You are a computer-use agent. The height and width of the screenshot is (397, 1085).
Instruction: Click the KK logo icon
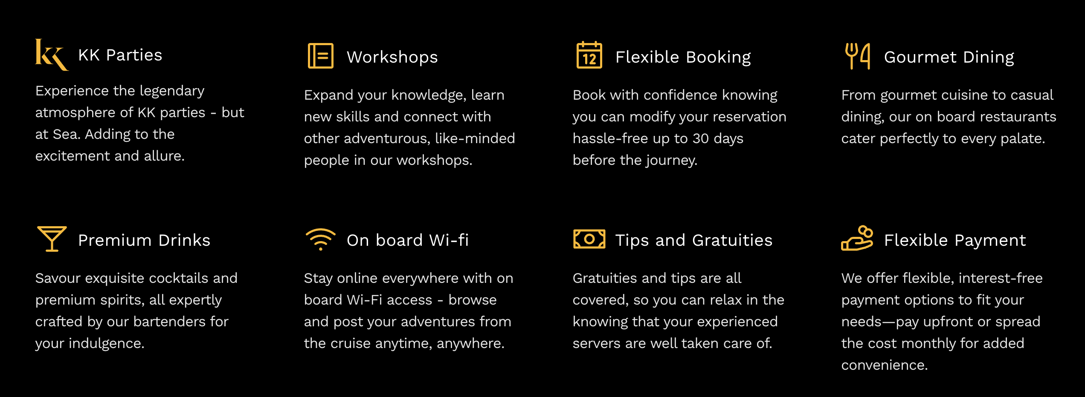pos(52,55)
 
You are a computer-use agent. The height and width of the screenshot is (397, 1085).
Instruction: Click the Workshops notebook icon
pos(320,56)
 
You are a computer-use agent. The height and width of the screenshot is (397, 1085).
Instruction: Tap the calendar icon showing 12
pos(589,55)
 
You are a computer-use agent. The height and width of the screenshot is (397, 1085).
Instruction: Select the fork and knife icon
pos(858,56)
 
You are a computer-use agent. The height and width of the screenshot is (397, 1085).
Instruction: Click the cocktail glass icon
pos(52,239)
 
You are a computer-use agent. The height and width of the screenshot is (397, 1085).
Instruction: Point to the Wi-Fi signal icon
pos(320,239)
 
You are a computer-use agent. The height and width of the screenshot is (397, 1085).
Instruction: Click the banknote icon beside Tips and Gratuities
pos(589,239)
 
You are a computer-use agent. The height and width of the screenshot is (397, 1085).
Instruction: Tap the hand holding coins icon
pos(857,239)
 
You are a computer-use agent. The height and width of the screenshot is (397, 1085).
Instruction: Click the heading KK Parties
pos(120,55)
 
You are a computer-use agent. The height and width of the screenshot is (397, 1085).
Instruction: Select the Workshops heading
pos(392,57)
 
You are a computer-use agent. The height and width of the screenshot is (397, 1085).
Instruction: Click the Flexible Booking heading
pos(683,58)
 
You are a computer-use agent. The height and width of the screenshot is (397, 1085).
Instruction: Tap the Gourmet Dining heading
pos(949,58)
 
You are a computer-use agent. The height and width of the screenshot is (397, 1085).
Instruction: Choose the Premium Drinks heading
pos(144,240)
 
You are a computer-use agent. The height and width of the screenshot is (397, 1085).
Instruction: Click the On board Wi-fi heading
pos(408,240)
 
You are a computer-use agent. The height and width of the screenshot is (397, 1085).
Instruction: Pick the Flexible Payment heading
pos(955,241)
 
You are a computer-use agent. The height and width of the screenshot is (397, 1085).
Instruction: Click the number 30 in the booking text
pos(701,138)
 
